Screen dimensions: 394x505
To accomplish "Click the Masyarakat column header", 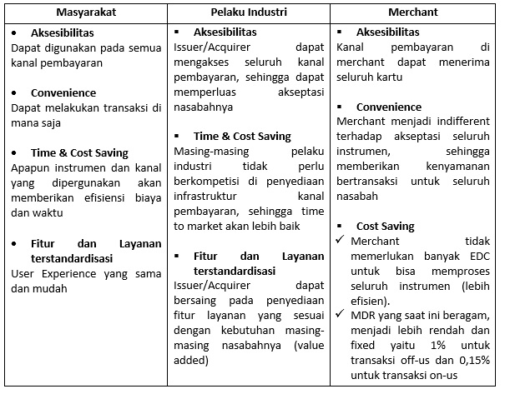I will coord(83,12).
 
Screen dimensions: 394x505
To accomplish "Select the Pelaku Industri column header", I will coord(249,12).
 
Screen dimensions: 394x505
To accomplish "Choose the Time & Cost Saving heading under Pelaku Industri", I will coord(242,136).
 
